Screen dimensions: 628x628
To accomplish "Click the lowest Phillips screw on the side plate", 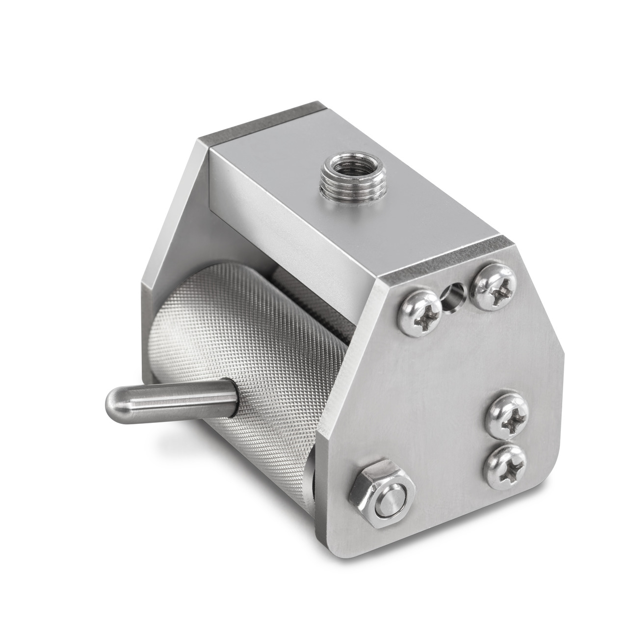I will click(x=505, y=466).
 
